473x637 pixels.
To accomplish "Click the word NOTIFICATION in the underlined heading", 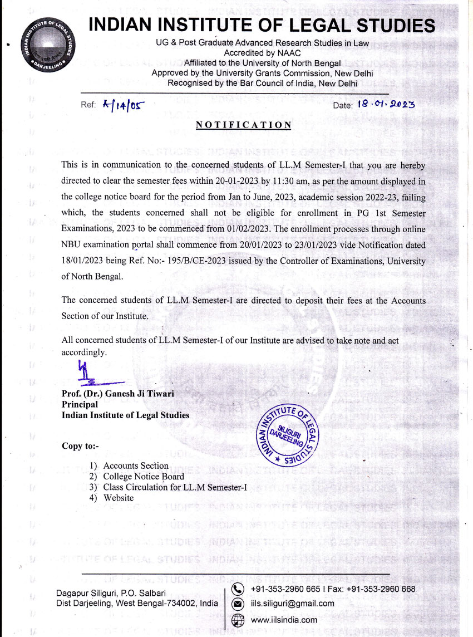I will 243,125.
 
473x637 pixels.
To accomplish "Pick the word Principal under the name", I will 80,405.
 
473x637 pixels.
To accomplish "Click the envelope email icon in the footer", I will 238,604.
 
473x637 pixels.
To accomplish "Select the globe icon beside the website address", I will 238,620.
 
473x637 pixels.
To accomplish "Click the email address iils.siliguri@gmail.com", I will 293,604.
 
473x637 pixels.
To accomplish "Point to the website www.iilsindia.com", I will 284,620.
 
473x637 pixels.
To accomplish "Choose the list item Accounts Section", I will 136,466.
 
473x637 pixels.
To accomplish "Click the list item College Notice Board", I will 144,477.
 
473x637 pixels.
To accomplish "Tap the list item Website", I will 119,498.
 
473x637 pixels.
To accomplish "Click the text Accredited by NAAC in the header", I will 255,53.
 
